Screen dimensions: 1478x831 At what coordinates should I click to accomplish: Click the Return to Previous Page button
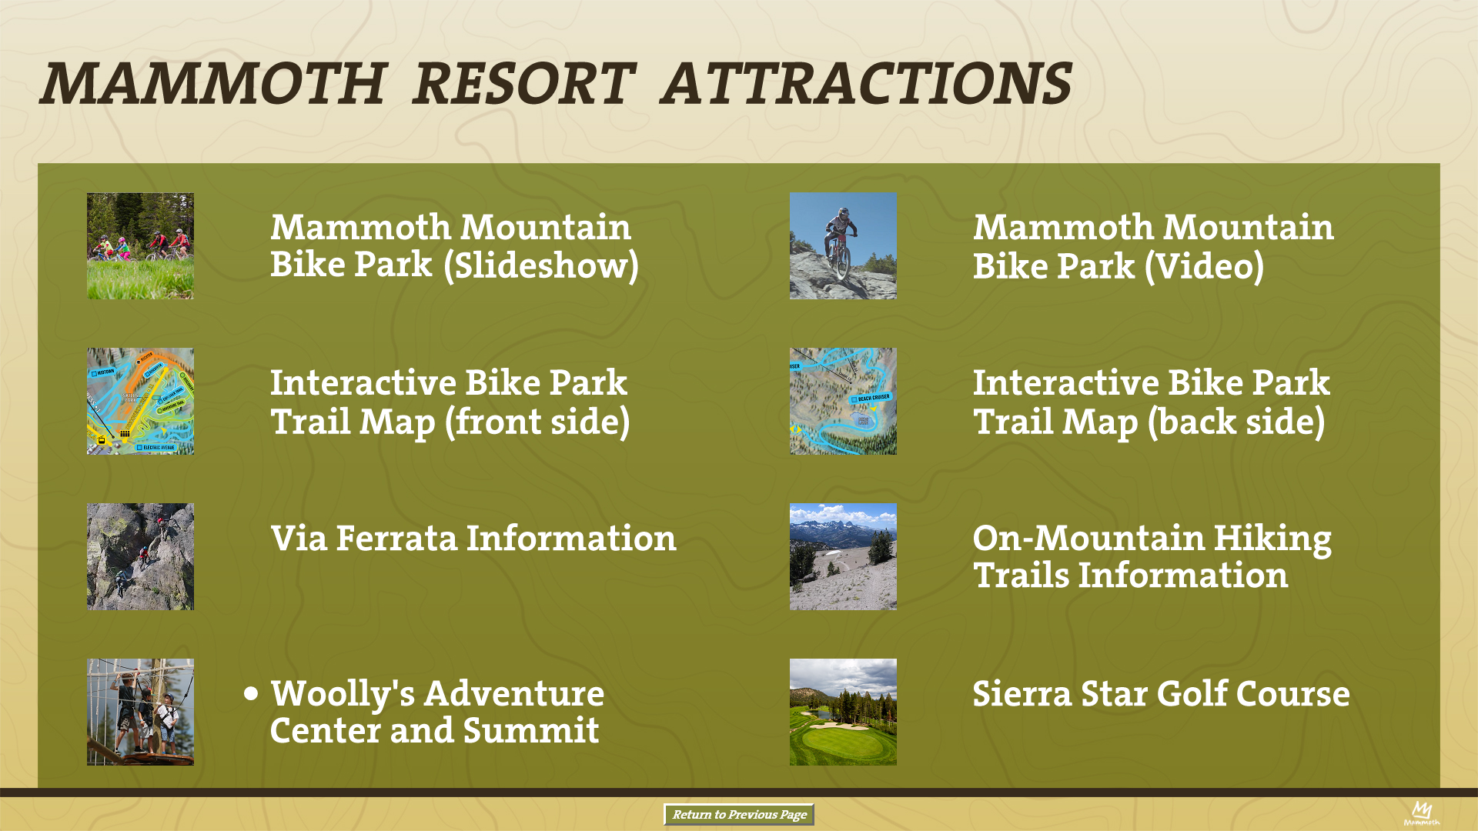pos(739,814)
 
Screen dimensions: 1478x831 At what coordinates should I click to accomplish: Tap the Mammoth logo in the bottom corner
pos(1421,813)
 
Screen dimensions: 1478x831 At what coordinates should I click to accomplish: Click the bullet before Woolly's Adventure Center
pos(251,693)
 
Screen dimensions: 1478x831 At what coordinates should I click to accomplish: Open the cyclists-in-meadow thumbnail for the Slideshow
pos(140,246)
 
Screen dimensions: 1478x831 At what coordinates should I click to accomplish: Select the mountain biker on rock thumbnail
pos(843,246)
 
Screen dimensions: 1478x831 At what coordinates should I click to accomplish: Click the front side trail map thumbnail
pos(140,401)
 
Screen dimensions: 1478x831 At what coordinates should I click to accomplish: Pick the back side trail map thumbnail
pos(843,401)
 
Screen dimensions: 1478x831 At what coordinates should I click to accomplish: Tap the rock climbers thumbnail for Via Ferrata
pos(140,556)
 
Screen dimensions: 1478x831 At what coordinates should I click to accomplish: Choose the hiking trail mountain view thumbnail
pos(843,556)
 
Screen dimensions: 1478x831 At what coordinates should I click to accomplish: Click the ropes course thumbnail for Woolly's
pos(140,712)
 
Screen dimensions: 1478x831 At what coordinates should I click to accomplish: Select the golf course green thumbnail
pos(843,712)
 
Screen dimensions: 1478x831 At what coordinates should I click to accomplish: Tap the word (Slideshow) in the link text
pos(541,265)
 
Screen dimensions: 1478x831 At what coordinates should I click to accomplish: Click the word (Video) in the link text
pos(1204,266)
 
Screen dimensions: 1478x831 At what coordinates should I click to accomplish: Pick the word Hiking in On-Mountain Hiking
pos(1272,539)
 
